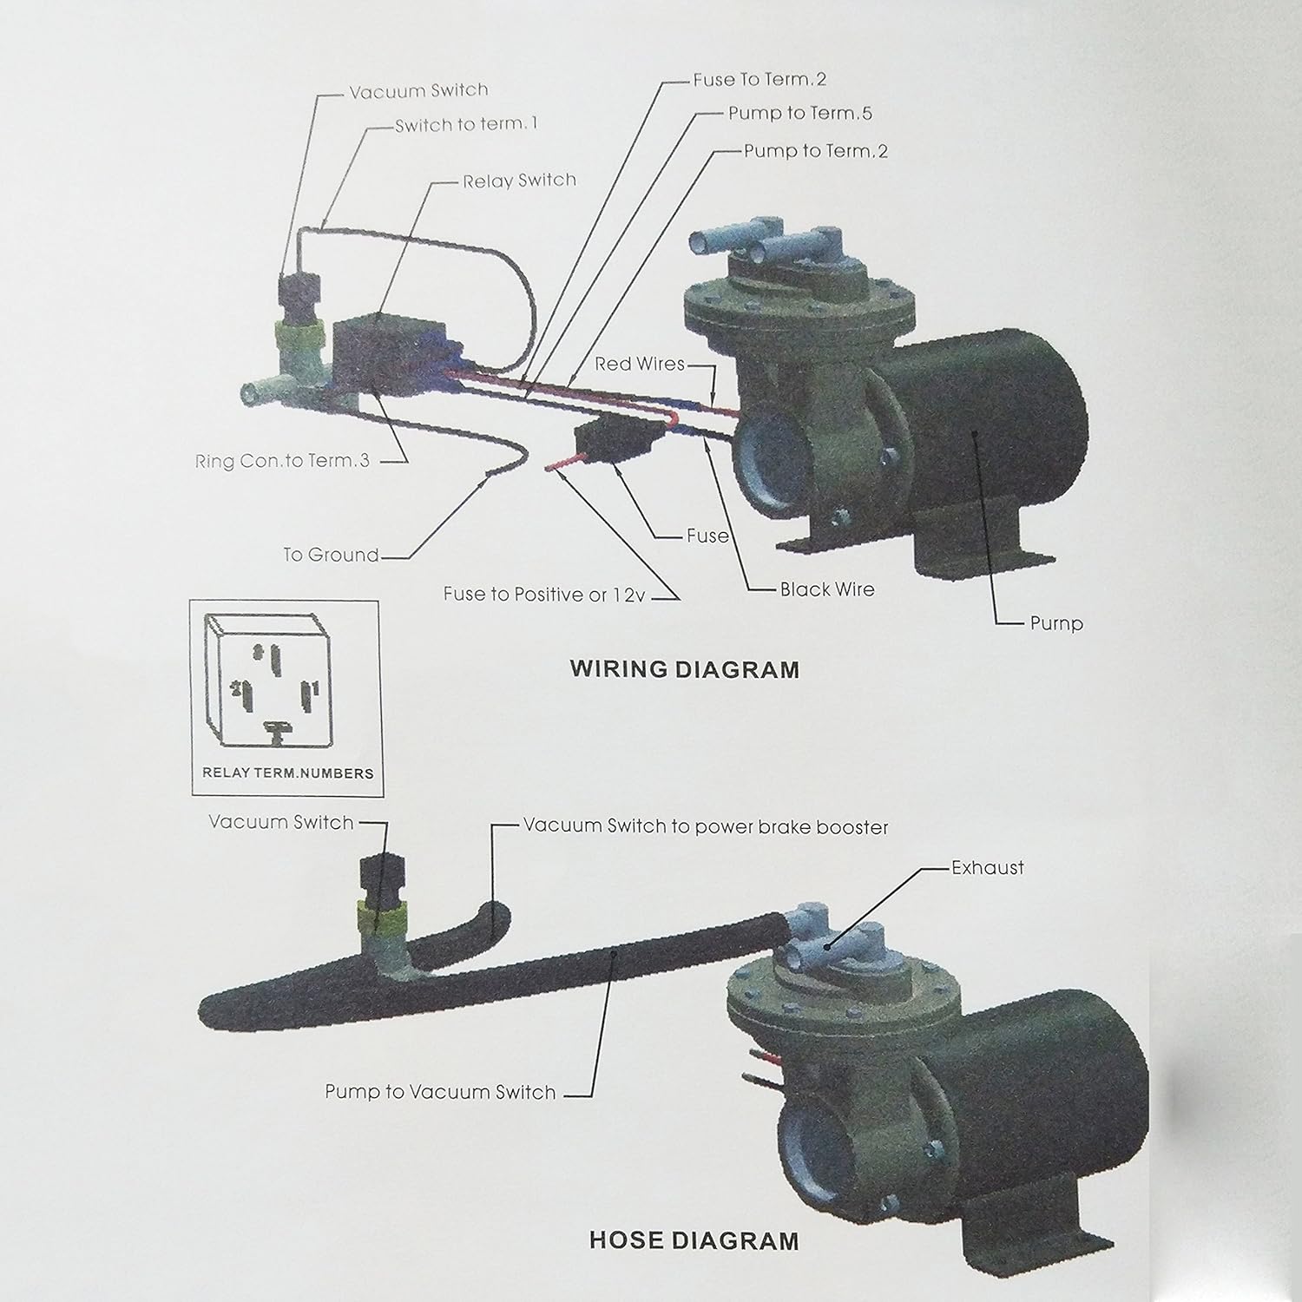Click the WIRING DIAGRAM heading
click(x=684, y=669)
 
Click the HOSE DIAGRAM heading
click(x=694, y=1240)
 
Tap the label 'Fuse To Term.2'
click(x=759, y=80)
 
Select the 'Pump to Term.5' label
click(x=799, y=114)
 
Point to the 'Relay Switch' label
click(x=519, y=181)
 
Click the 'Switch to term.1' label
click(x=466, y=125)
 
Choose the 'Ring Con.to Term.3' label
click(x=282, y=461)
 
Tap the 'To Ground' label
click(x=331, y=555)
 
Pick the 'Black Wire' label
click(x=826, y=589)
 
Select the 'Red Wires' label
click(x=639, y=364)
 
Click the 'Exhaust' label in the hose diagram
click(x=987, y=867)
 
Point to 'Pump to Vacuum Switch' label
click(x=440, y=1092)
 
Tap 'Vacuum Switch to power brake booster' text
click(x=705, y=826)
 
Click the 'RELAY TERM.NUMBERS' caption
click(x=287, y=773)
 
